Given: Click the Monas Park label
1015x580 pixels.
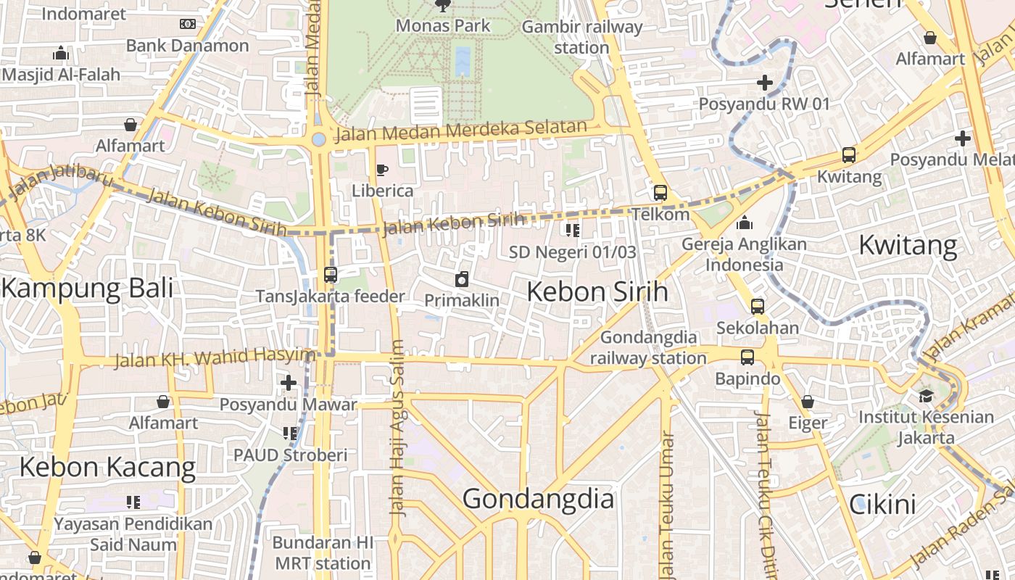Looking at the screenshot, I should coord(442,26).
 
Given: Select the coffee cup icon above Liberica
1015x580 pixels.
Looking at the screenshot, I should coord(382,170).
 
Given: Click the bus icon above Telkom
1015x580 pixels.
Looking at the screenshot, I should coord(660,193).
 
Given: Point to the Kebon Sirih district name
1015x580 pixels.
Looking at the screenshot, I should coord(597,291).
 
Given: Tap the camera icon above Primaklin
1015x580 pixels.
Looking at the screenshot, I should coord(461,280).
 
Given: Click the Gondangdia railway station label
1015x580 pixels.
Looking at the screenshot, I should coord(648,347).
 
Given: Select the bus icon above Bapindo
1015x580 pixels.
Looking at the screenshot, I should coord(747,357).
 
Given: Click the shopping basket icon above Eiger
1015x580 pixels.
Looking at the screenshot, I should coord(808,402).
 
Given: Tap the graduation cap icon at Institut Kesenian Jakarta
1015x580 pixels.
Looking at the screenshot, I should coord(926,396).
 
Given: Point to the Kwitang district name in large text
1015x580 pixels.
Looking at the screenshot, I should coord(908,245).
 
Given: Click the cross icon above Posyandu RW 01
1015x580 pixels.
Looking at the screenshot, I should coord(764,83).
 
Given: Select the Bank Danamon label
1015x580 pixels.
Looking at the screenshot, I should coord(187,46).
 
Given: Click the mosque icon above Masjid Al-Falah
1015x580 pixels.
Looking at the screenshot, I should coord(61,53).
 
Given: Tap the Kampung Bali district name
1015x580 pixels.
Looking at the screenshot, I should coord(88,288).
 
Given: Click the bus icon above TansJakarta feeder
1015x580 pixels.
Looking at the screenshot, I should coord(330,275).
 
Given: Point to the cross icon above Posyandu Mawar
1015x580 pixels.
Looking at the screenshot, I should coord(289,383).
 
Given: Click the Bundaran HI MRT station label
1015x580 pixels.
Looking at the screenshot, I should coord(323,552).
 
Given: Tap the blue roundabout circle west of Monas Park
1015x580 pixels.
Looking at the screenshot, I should coord(318,139).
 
